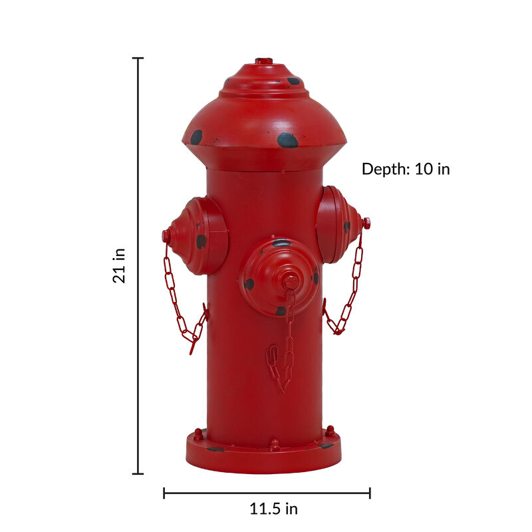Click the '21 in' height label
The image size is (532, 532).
pos(120,265)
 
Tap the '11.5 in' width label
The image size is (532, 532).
pos(273,509)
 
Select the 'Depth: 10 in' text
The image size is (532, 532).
pos(406,169)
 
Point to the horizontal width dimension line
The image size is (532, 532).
pos(266,493)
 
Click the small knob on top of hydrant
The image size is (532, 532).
pos(264,61)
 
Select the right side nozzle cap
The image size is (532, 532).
pos(339,225)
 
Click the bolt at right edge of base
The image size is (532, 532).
pos(330,431)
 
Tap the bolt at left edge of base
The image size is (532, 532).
pos(198,434)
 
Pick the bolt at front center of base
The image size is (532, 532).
pos(275,444)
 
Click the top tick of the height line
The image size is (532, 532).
pos(138,59)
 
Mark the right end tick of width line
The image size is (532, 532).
pos(370,493)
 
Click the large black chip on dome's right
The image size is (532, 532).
pos(287,140)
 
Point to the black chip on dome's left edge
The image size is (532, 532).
pos(196,137)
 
